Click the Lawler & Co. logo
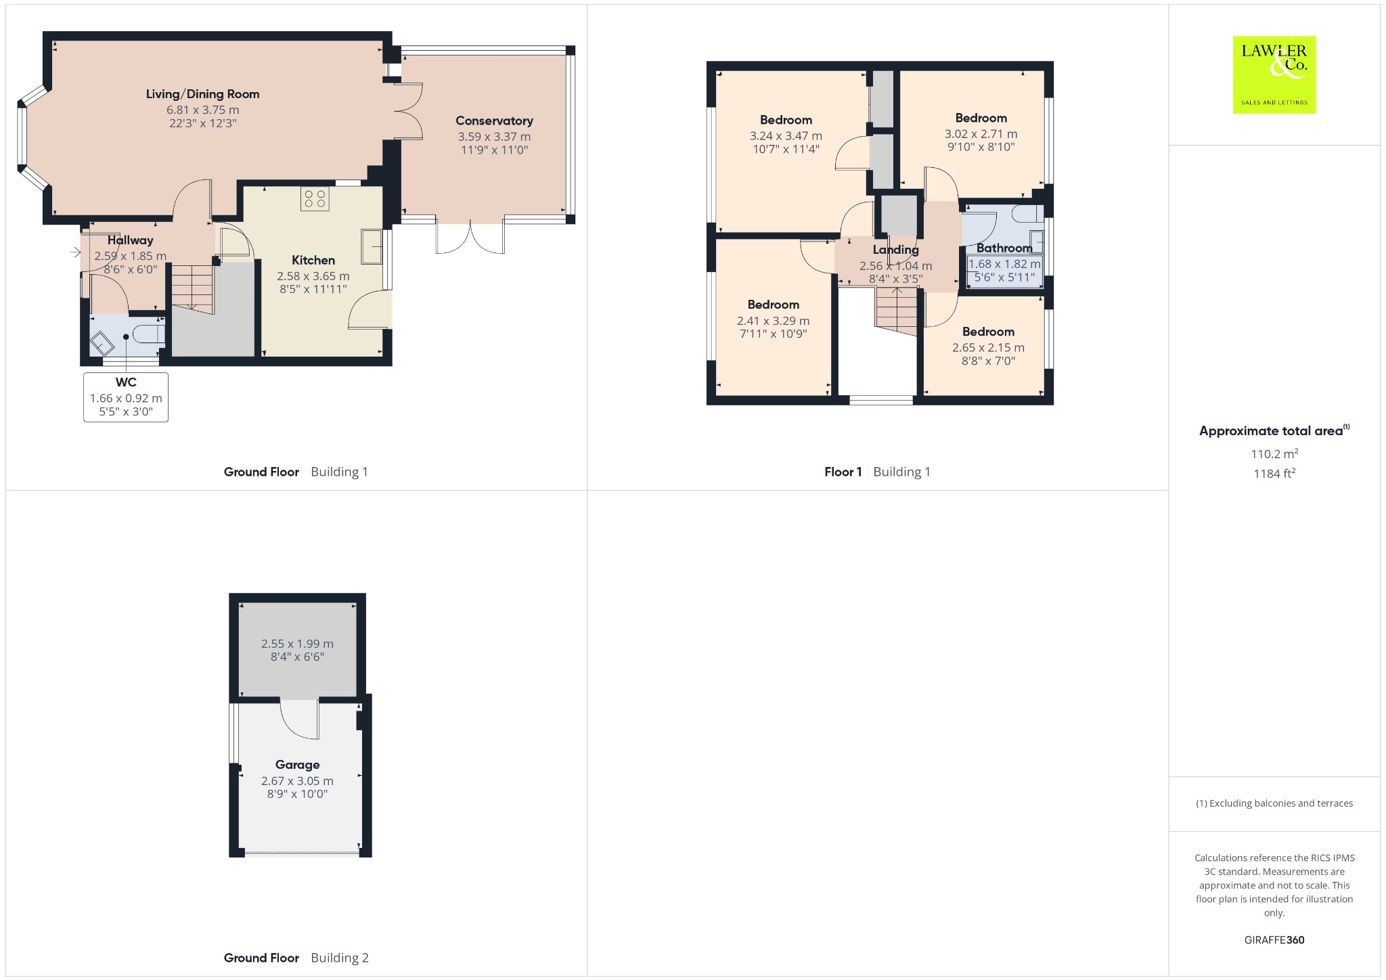(x=1274, y=74)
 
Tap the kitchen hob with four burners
(x=315, y=198)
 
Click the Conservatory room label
(x=494, y=121)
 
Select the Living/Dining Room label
(x=202, y=94)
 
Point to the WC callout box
(x=126, y=397)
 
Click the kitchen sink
(x=372, y=246)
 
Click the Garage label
(x=297, y=765)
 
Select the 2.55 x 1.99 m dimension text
(x=297, y=644)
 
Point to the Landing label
(x=895, y=250)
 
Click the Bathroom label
(x=1004, y=248)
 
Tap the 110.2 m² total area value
(x=1274, y=453)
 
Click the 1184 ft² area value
(x=1274, y=473)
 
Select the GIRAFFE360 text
(x=1274, y=939)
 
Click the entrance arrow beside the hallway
(x=75, y=252)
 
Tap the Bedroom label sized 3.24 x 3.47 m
(x=786, y=120)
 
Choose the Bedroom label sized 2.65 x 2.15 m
(x=988, y=332)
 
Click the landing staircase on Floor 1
(x=897, y=311)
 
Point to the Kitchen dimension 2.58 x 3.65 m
(x=313, y=276)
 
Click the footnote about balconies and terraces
(x=1274, y=803)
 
